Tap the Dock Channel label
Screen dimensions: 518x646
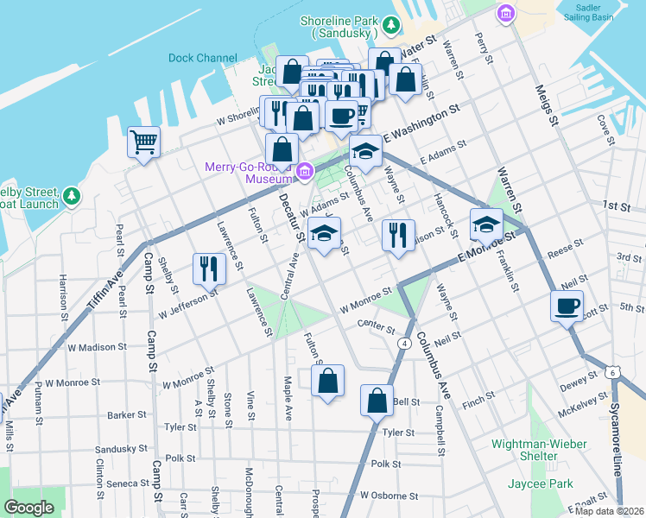click(x=203, y=59)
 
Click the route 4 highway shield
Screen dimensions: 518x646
click(x=403, y=344)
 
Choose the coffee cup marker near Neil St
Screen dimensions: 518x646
click(x=567, y=306)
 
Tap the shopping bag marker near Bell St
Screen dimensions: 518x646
click(x=377, y=401)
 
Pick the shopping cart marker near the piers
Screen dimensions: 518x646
click(x=144, y=142)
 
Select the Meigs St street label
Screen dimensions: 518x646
click(x=546, y=104)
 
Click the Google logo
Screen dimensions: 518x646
click(x=29, y=508)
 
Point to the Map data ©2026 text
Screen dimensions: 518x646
click(x=609, y=511)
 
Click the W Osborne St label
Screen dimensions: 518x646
click(x=389, y=496)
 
